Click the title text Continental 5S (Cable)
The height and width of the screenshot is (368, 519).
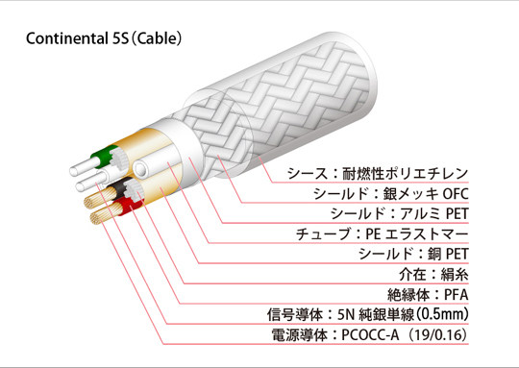point(104,38)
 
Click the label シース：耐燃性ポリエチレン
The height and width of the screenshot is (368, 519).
point(378,174)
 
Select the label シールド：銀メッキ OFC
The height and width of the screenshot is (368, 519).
point(391,194)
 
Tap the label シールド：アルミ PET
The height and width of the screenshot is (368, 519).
point(399,214)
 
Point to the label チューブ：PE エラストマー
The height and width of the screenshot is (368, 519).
point(382,234)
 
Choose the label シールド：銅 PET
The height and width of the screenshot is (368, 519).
point(413,255)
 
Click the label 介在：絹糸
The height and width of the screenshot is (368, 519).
point(433,275)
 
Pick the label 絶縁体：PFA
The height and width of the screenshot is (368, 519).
point(428,295)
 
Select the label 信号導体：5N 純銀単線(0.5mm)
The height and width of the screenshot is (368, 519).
point(368,314)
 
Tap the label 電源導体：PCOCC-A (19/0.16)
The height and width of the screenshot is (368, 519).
point(370,335)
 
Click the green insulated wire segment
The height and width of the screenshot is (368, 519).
point(104,156)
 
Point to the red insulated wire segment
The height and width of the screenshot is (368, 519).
point(125,206)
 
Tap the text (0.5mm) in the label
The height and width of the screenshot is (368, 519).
point(442,314)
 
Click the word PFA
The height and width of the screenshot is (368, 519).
point(457,295)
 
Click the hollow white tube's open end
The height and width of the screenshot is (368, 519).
point(140,169)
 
